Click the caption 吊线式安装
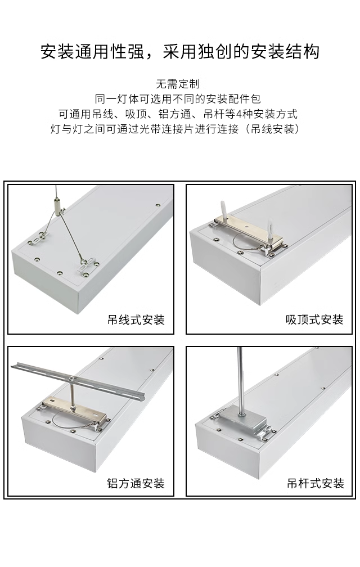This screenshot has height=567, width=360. point(136,319)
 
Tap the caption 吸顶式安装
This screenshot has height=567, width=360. point(314,319)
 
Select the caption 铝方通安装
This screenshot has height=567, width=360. point(136,483)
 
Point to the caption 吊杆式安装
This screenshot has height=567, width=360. point(315,483)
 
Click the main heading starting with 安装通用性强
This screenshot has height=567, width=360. point(179,52)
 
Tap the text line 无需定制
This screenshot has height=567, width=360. point(178,84)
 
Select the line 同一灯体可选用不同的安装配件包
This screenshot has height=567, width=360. point(178,99)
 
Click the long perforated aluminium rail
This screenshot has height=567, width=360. point(78,380)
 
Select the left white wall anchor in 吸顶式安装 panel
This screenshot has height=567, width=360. point(224,211)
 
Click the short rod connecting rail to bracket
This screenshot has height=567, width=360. point(73,395)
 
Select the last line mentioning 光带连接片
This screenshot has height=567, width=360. point(175,129)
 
